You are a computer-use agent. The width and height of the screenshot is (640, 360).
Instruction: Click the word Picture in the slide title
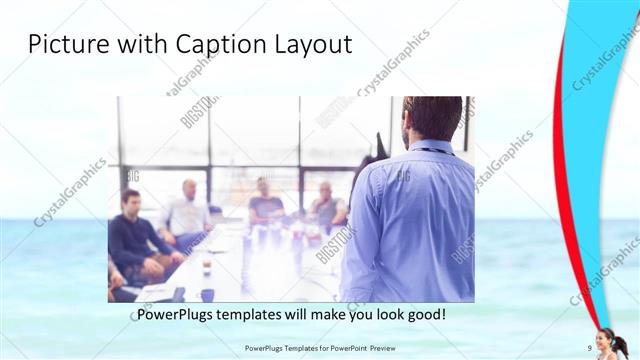tap(62, 45)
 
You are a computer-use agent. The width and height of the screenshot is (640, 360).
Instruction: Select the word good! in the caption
tap(424, 314)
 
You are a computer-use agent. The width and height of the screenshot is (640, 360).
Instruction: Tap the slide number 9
tap(590, 349)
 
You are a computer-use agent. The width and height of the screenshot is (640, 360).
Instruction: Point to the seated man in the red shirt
tap(327, 205)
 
